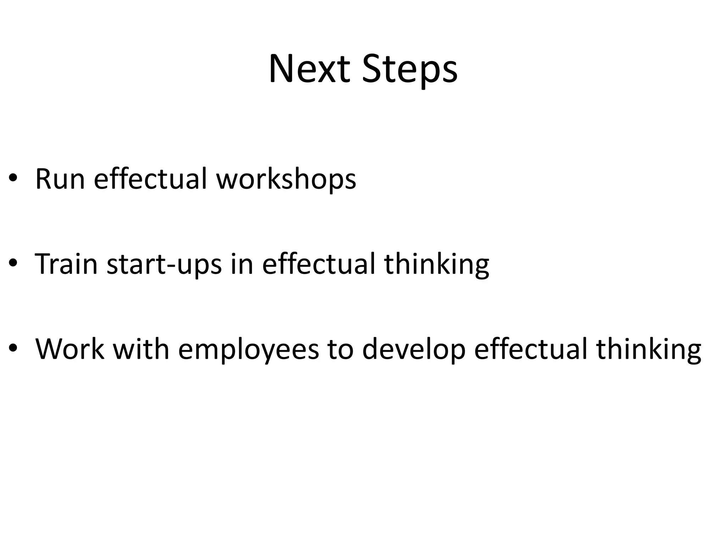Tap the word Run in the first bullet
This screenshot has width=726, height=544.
coord(60,179)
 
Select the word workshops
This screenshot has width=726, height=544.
coord(286,179)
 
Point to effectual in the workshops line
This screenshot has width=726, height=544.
coord(150,179)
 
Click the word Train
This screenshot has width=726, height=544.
coord(66,264)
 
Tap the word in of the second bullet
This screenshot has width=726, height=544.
coord(242,264)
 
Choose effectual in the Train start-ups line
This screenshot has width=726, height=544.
coord(318,264)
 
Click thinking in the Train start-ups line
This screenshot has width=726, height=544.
coord(436,265)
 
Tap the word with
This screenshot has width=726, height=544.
coord(141,349)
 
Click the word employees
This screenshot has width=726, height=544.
coord(248,350)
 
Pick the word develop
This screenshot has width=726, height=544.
coord(414,350)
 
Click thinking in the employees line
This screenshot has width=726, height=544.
coord(648,350)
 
